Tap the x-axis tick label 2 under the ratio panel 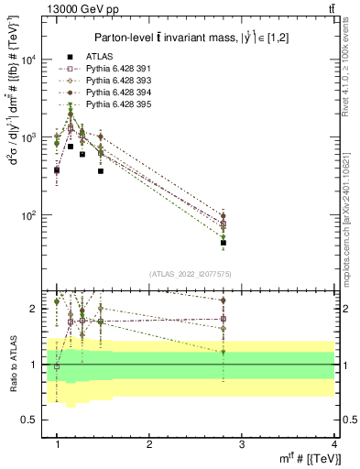(x=149, y=443)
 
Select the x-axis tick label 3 (x=242, y=443)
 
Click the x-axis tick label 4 (x=334, y=443)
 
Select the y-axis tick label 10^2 (x=31, y=215)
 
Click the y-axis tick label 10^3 (x=31, y=137)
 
